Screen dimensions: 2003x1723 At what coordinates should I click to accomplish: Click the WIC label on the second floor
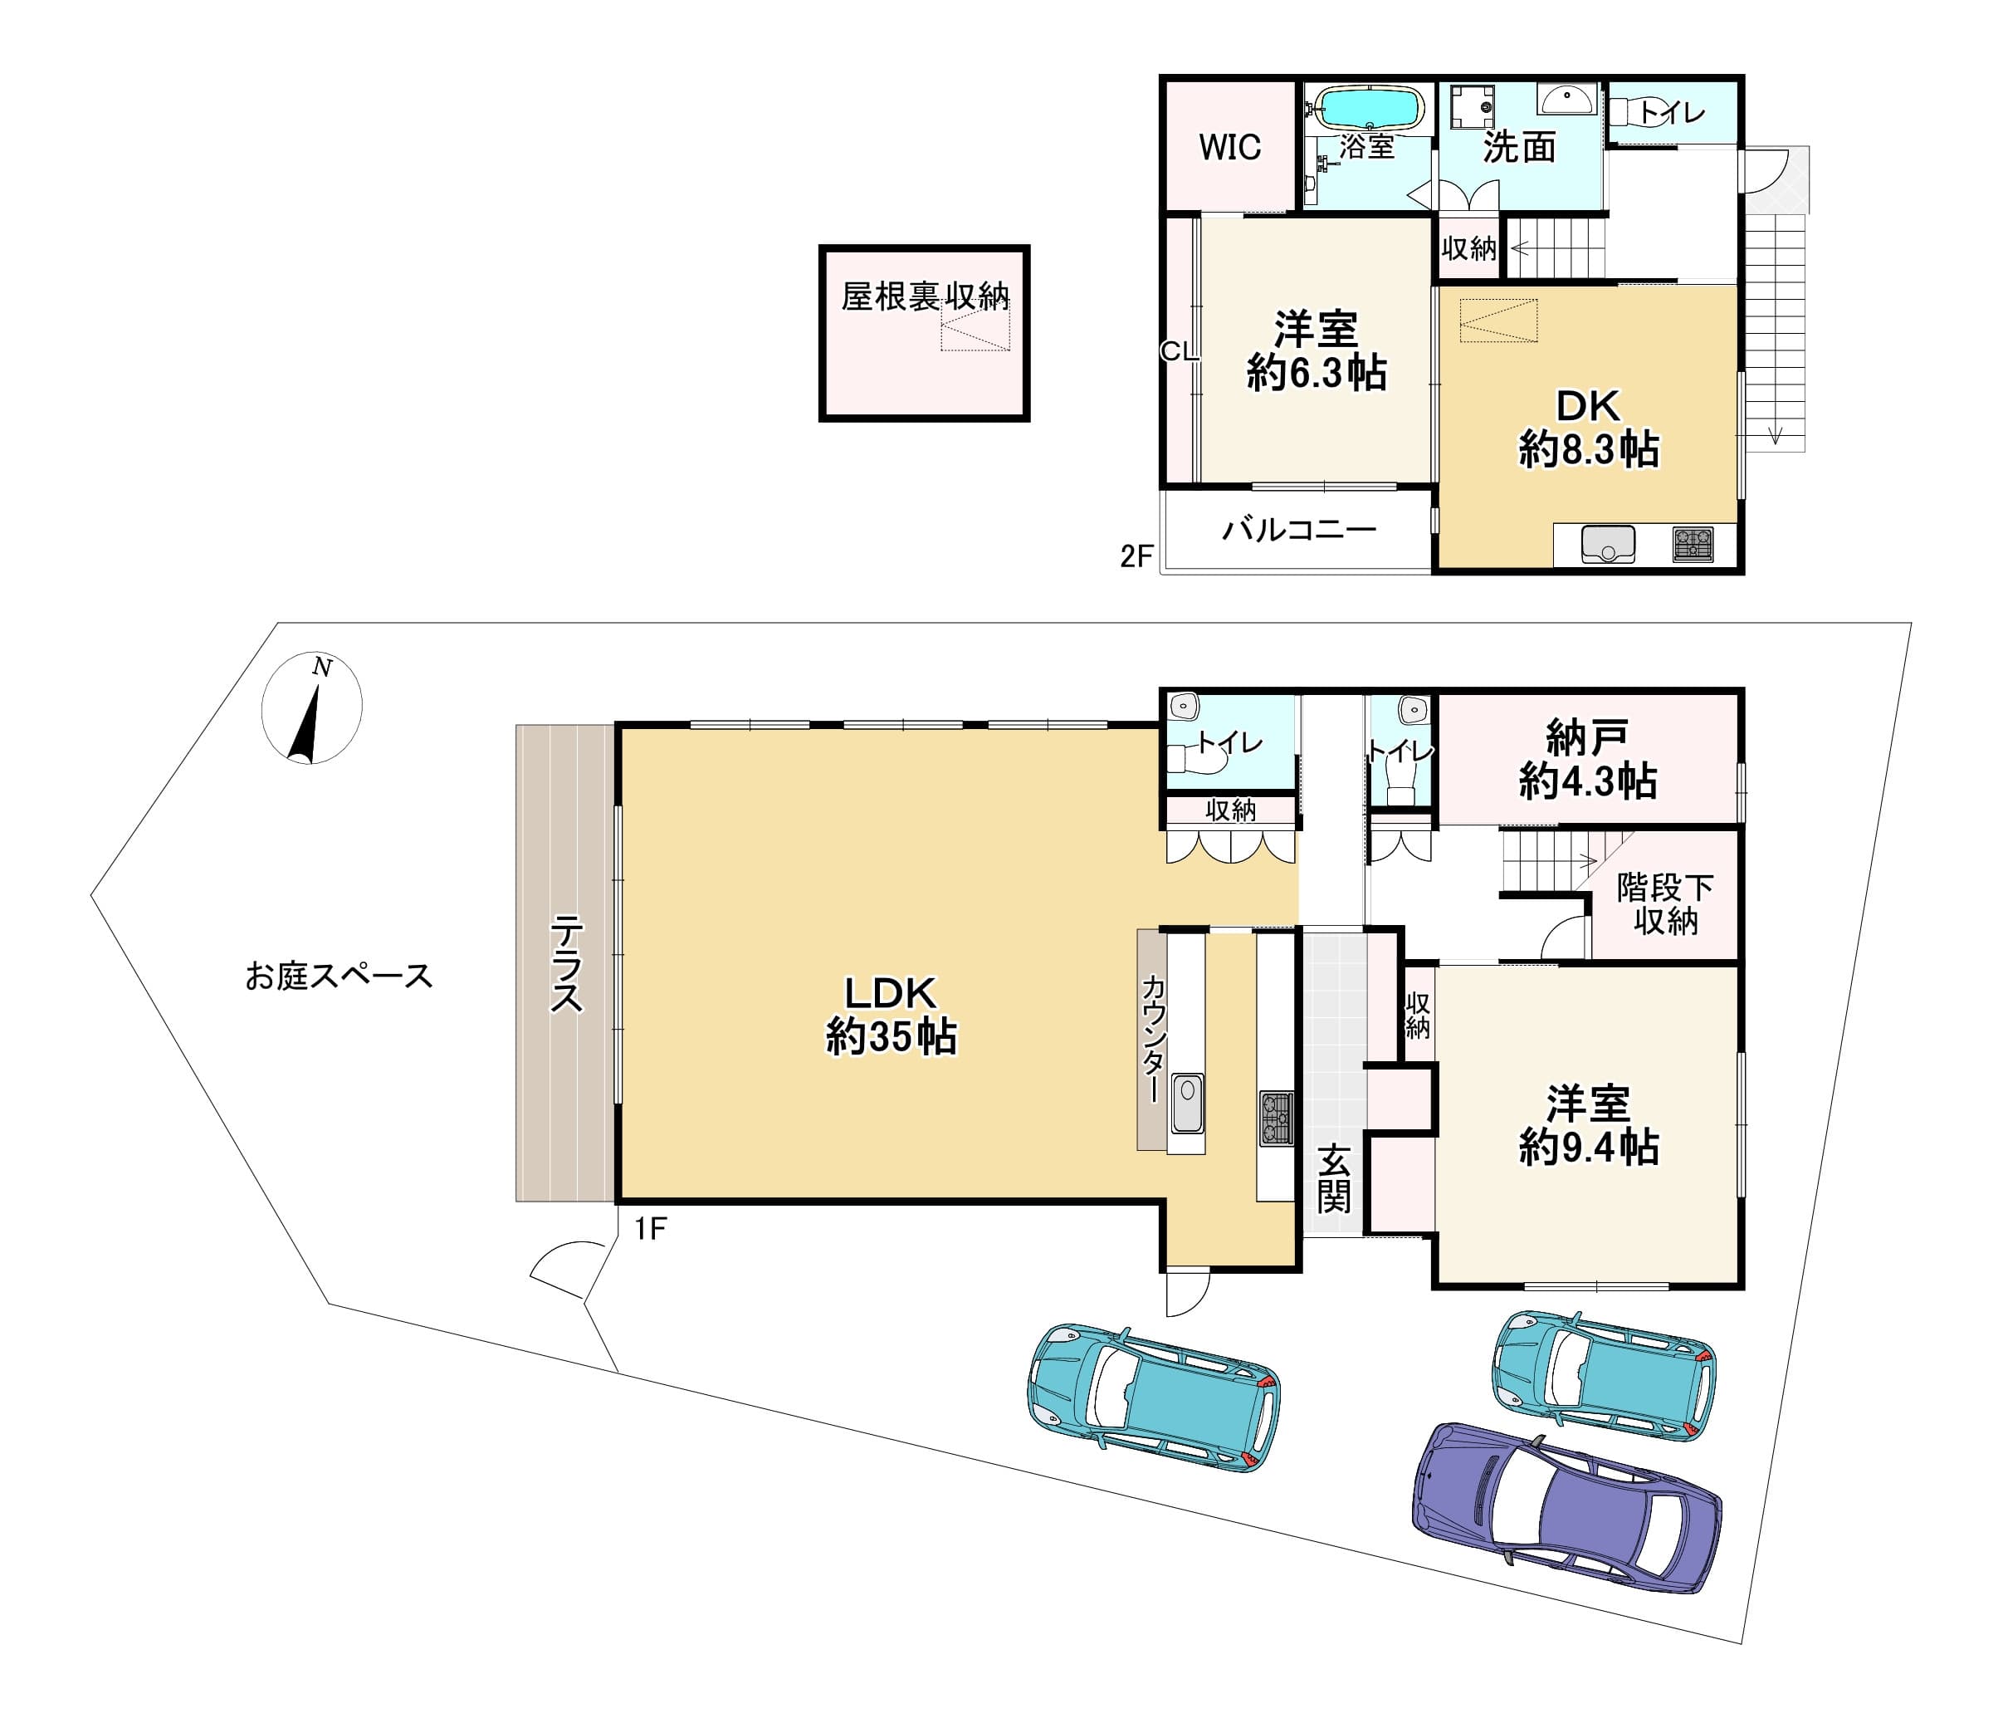pyautogui.click(x=1229, y=148)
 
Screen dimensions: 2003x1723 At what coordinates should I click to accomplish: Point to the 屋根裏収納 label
pyautogui.click(x=925, y=296)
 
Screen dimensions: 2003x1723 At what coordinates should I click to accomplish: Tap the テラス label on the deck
pyautogui.click(x=566, y=965)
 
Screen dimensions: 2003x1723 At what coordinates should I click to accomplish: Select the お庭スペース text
pyautogui.click(x=339, y=977)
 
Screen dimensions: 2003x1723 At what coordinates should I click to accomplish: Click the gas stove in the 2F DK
pyautogui.click(x=1692, y=545)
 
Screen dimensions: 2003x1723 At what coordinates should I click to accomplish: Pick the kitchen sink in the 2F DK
pyautogui.click(x=1609, y=545)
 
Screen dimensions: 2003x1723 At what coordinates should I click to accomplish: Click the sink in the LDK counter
pyautogui.click(x=1186, y=1104)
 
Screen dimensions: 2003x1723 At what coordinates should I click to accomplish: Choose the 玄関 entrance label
pyautogui.click(x=1334, y=1178)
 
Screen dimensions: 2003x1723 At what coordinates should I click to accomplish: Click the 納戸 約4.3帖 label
pyautogui.click(x=1587, y=760)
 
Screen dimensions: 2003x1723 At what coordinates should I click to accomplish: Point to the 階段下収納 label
pyautogui.click(x=1664, y=904)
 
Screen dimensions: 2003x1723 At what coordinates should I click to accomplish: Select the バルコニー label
pyautogui.click(x=1299, y=530)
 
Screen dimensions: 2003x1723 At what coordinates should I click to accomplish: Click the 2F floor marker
pyautogui.click(x=1137, y=556)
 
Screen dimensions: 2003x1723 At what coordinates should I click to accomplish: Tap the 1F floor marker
pyautogui.click(x=651, y=1229)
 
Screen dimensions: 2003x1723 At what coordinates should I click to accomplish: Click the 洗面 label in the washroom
pyautogui.click(x=1520, y=147)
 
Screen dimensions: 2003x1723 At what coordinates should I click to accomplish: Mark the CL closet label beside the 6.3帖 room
pyautogui.click(x=1180, y=352)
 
